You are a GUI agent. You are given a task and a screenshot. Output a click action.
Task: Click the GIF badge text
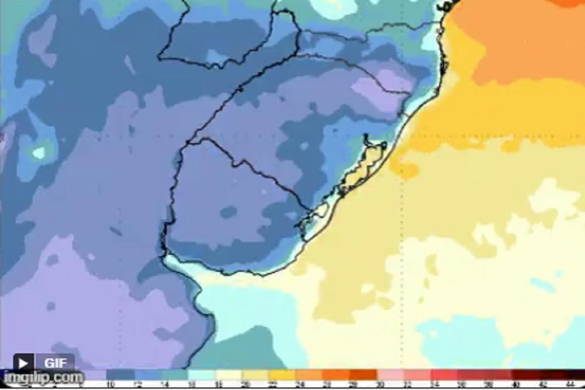pyautogui.click(x=56, y=363)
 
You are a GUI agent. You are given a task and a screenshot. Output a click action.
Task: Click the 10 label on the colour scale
pyautogui.click(x=111, y=384)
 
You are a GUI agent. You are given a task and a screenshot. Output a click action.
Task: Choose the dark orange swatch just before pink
pyautogui.click(x=363, y=374)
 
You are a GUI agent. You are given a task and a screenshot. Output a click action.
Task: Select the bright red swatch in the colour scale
pyautogui.click(x=445, y=374)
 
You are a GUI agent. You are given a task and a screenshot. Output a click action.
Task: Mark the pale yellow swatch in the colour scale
pyautogui.click(x=228, y=374)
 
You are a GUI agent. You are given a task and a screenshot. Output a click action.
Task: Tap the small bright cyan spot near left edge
pyautogui.click(x=39, y=153)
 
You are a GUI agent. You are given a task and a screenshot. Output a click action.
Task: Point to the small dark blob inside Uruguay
pyautogui.click(x=229, y=212)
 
